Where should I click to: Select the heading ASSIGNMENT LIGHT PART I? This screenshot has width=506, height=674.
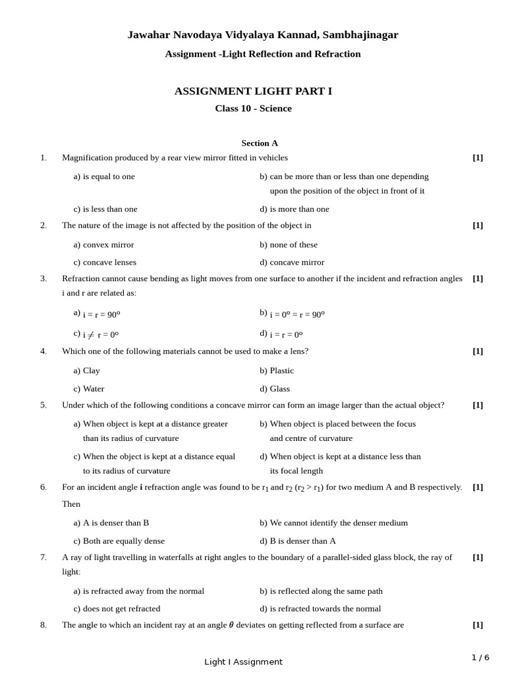tap(253, 91)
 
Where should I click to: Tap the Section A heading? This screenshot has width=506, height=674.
tap(260, 143)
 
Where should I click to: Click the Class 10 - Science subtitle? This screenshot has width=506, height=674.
tap(253, 109)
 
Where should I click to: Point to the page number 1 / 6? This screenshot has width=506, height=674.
tap(480, 658)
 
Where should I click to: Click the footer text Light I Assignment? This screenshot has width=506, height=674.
tap(243, 662)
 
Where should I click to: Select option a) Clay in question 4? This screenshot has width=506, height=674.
tap(87, 371)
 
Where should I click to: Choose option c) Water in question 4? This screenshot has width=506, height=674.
tap(89, 389)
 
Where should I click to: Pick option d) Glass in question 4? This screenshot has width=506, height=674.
tap(275, 389)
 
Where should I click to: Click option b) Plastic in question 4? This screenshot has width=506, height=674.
tap(277, 371)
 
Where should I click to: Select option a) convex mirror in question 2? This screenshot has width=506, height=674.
tap(103, 245)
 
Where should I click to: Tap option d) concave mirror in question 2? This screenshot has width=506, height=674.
tap(292, 263)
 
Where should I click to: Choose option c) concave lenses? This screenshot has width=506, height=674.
tap(105, 263)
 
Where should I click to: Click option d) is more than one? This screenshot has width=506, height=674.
tap(295, 209)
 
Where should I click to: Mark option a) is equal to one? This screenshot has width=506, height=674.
tap(104, 176)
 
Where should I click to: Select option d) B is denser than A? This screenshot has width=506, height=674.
tap(298, 541)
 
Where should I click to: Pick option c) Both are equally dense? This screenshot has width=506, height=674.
tap(119, 541)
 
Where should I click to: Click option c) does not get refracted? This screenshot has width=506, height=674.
tap(117, 609)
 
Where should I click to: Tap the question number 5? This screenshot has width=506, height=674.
tap(43, 405)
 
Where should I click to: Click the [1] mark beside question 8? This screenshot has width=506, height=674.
tap(478, 625)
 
